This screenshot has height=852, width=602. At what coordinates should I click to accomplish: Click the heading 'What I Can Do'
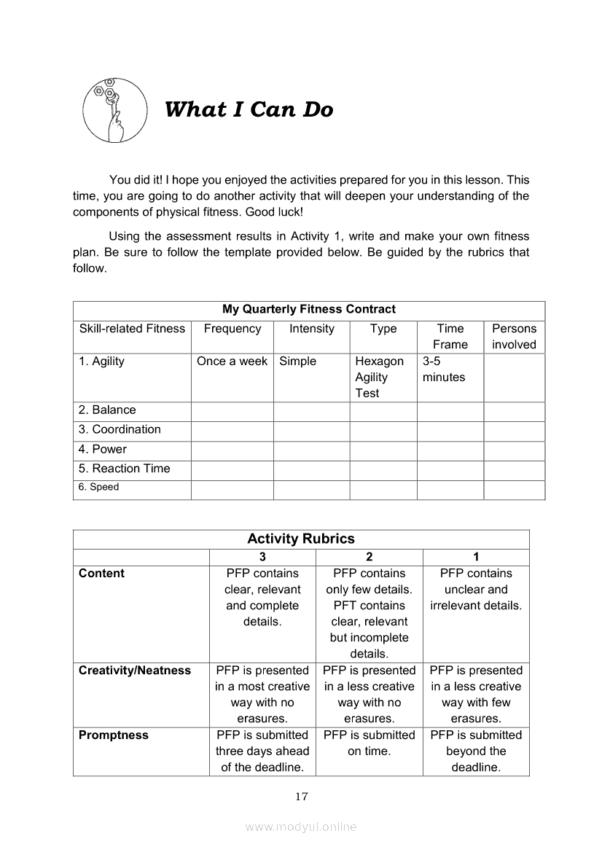pyautogui.click(x=249, y=109)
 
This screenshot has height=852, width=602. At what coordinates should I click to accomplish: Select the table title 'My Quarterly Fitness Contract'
pyautogui.click(x=309, y=309)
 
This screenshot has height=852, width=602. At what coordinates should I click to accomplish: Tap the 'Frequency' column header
pyautogui.click(x=232, y=329)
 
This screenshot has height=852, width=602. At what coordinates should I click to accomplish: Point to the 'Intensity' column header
pyautogui.click(x=312, y=329)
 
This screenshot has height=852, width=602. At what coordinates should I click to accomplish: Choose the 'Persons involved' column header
pyautogui.click(x=514, y=337)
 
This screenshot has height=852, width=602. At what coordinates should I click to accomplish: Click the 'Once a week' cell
pyautogui.click(x=232, y=361)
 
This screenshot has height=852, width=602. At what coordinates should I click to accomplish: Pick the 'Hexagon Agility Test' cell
pyautogui.click(x=379, y=377)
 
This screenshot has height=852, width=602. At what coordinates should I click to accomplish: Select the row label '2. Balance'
pyautogui.click(x=107, y=410)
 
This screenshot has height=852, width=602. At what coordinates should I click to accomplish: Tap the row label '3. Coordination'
pyautogui.click(x=120, y=429)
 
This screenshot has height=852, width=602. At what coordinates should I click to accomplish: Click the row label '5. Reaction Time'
pyautogui.click(x=124, y=469)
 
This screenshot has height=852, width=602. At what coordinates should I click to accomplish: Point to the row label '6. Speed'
pyautogui.click(x=98, y=487)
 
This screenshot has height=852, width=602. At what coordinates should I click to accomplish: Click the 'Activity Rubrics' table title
pyautogui.click(x=301, y=539)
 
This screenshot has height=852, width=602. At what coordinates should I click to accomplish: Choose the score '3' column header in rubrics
pyautogui.click(x=262, y=557)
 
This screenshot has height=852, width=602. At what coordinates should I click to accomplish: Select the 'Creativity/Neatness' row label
pyautogui.click(x=135, y=671)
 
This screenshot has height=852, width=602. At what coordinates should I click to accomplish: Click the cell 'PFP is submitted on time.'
pyautogui.click(x=369, y=743)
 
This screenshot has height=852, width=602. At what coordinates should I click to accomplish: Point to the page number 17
pyautogui.click(x=302, y=796)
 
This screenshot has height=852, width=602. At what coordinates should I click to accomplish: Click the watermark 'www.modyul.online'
pyautogui.click(x=301, y=826)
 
